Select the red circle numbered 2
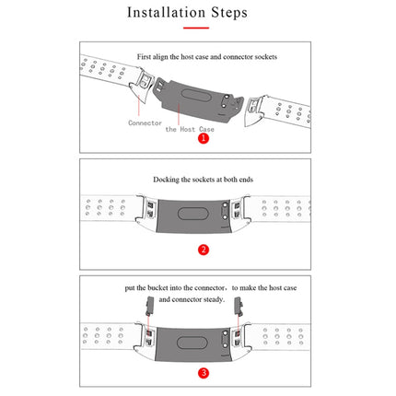click(x=203, y=249)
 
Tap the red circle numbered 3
click(x=203, y=372)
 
